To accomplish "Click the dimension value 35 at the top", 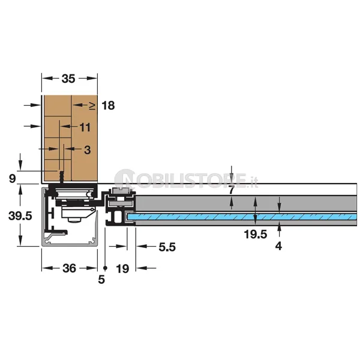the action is [68, 79].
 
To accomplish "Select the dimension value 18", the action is [108, 106].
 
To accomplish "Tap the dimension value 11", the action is [85, 127].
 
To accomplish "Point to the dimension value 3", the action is [87, 150].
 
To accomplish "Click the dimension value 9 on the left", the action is [13, 179].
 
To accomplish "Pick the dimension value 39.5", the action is [20, 216].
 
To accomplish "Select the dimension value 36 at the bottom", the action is [69, 268].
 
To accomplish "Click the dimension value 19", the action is [122, 269].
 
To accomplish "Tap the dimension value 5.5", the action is [167, 247].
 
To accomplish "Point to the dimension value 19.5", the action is [256, 235].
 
